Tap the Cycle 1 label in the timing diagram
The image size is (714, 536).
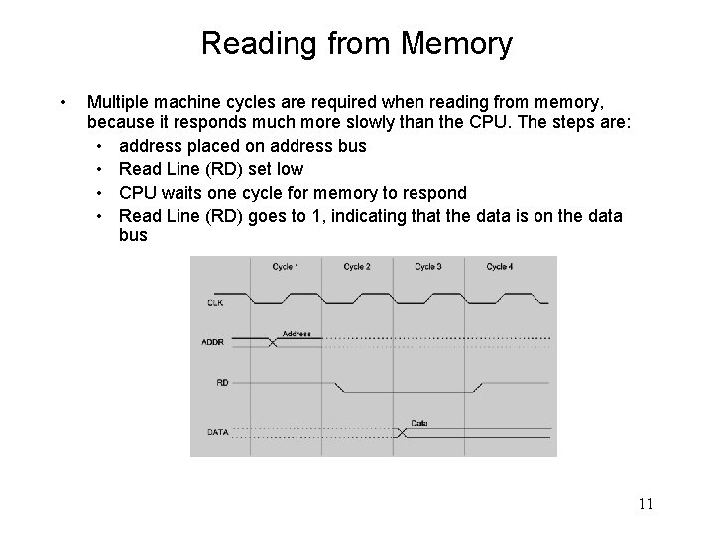tap(286, 267)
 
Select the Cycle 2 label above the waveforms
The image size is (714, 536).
tap(357, 267)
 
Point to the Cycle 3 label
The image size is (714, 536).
tap(428, 267)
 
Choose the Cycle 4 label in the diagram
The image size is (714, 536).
tap(500, 267)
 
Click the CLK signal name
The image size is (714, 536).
tap(216, 302)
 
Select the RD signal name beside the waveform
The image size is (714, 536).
tap(222, 381)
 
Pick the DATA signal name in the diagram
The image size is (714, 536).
tap(218, 431)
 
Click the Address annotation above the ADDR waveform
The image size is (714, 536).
tap(297, 334)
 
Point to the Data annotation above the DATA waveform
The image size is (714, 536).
tap(419, 423)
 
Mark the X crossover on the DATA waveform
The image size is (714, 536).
tap(401, 432)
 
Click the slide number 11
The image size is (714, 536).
tap(646, 505)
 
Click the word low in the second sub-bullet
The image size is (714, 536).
tap(289, 168)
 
